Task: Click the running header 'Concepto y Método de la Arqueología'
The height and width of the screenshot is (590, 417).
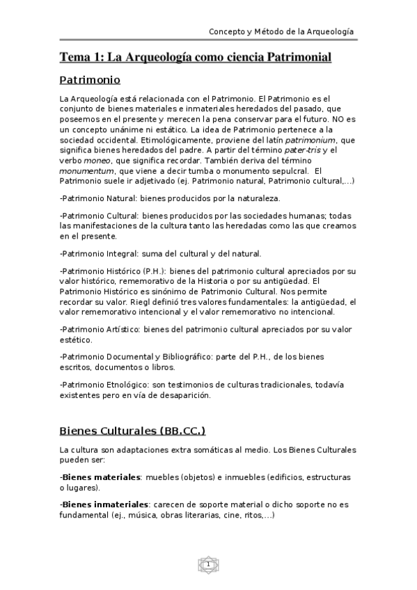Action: pos(281,32)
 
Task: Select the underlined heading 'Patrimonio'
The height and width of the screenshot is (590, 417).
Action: pos(90,79)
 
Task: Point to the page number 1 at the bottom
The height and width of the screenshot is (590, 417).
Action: pos(207,564)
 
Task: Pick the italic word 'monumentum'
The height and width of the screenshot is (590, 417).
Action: pos(86,170)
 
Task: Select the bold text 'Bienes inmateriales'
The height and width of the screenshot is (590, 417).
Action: pos(104,504)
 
